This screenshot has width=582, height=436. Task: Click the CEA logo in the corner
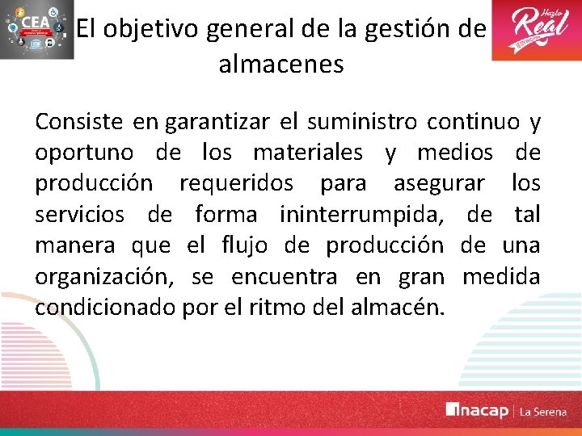point(35,31)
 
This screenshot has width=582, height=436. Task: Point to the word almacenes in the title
point(280,64)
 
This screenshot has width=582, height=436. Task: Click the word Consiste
point(79,122)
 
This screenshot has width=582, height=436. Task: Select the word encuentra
point(284,277)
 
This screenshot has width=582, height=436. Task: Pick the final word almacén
point(403,308)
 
